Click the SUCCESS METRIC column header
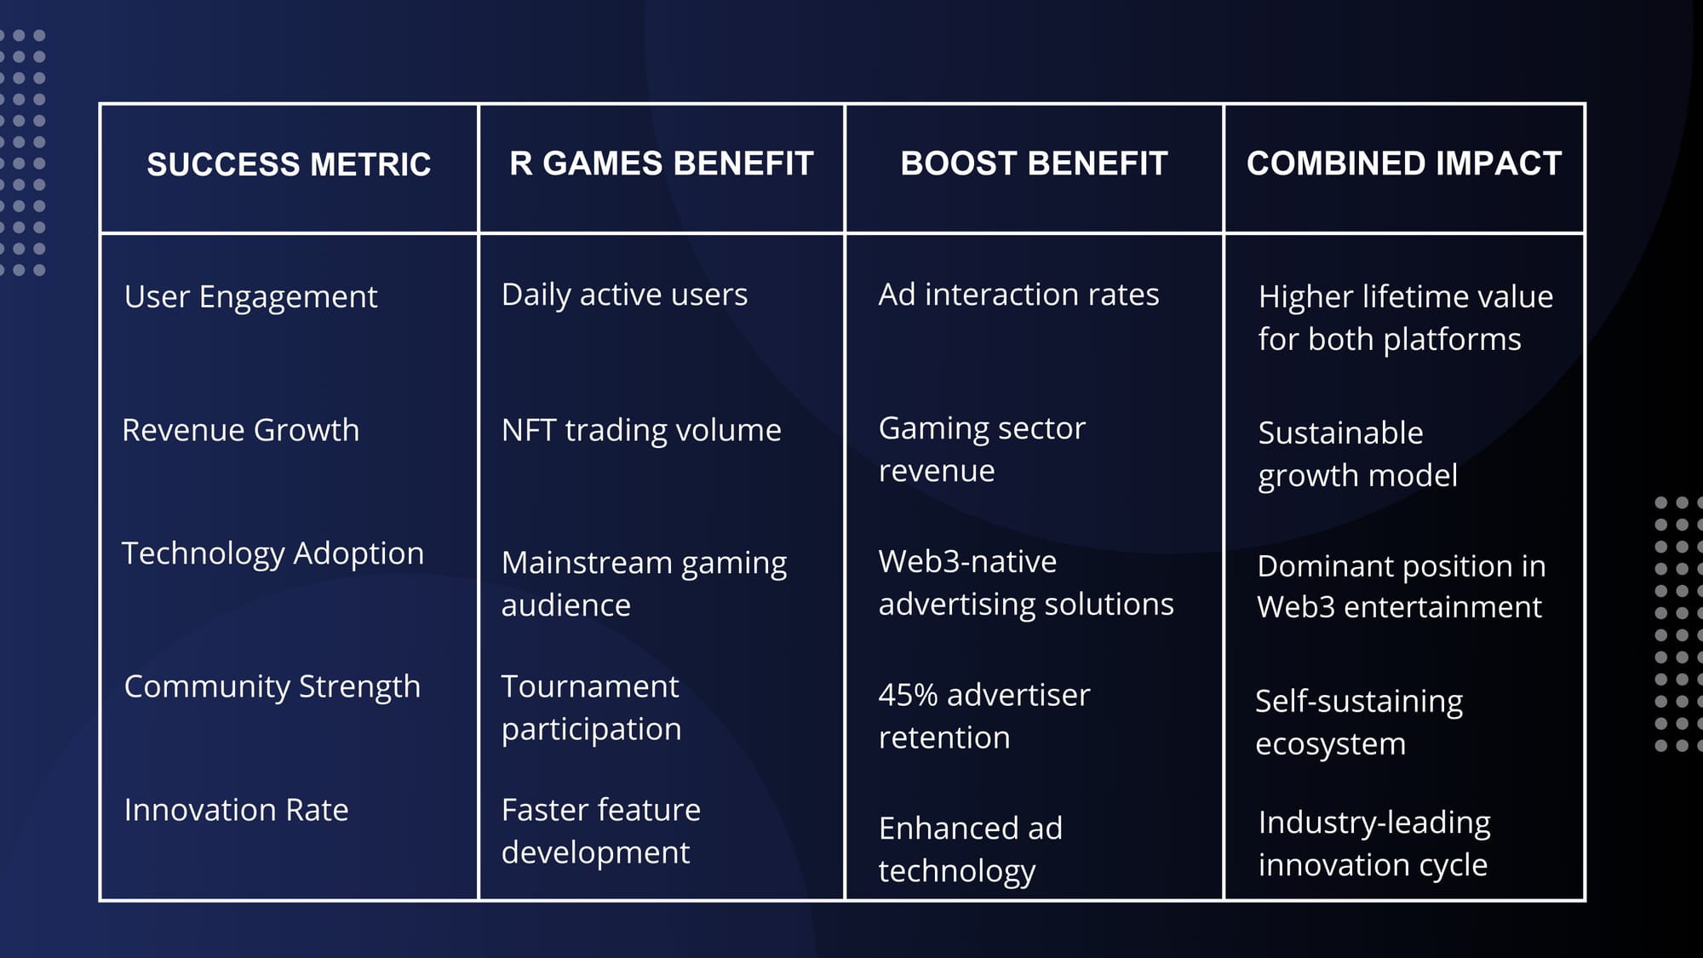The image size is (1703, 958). coord(289,164)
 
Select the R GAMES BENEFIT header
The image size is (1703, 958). coord(662,163)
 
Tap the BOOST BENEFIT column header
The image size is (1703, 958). coord(1034,163)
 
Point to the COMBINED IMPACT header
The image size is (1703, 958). coord(1404,163)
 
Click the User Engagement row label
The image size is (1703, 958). coord(250,297)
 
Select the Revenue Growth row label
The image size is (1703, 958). coord(240,430)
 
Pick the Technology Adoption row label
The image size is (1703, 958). coord(272,554)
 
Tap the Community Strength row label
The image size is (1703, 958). coord(272,686)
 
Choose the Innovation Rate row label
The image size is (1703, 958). coord(236,810)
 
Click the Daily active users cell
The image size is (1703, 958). coord(624,295)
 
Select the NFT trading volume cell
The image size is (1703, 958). coord(641,430)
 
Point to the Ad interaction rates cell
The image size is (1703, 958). coord(1018,295)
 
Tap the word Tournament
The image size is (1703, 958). coord(590,686)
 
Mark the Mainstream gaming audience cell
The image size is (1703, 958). coord(644,584)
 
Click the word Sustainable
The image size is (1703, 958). coord(1340,433)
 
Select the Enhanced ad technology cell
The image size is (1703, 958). coord(971,850)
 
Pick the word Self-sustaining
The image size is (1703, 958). coord(1359,702)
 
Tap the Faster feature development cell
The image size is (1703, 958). coord(601,831)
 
